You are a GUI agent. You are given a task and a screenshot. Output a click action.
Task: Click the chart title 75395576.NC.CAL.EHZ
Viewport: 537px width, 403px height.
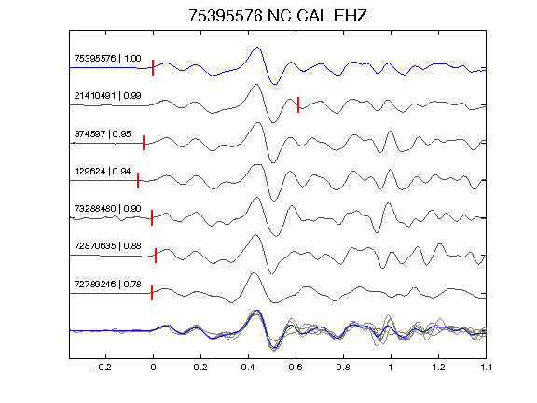(278, 16)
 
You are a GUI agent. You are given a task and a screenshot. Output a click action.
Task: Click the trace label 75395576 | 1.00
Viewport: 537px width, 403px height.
(107, 59)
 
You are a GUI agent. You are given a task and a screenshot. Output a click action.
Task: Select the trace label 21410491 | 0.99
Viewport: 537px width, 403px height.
(107, 95)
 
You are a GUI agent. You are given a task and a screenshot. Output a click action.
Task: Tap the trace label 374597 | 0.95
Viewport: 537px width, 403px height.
(103, 134)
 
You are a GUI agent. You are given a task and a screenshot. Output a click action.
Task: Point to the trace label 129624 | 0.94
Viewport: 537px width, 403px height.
(103, 172)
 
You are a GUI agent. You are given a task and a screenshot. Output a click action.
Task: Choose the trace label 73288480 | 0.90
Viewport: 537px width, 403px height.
(107, 209)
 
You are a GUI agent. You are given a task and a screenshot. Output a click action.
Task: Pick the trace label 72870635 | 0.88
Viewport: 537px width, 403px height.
(107, 246)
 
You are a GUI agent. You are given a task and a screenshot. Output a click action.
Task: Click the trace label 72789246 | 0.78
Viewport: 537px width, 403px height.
(107, 285)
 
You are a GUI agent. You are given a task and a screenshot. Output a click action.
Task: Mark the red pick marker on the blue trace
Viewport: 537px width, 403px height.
(153, 67)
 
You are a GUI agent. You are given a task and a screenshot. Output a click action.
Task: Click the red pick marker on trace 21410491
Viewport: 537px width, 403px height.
(298, 104)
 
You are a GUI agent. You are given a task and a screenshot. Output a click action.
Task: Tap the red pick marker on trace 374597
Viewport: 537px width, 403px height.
(144, 143)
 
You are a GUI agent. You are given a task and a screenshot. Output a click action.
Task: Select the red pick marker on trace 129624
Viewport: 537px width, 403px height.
(138, 180)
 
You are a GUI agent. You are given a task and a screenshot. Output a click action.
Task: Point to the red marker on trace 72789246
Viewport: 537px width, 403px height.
(152, 293)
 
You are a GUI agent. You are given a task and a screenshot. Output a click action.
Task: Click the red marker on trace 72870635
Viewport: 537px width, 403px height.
(156, 256)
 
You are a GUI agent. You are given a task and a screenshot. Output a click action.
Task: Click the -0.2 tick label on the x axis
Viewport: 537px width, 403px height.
(103, 368)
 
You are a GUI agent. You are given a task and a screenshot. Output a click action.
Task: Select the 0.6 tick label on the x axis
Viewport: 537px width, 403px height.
(296, 368)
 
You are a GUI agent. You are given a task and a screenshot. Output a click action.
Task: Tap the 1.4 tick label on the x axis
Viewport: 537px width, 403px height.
(486, 368)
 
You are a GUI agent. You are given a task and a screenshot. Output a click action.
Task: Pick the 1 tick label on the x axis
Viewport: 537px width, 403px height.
(391, 368)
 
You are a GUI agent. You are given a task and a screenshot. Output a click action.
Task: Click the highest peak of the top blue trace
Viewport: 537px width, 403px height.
(257, 48)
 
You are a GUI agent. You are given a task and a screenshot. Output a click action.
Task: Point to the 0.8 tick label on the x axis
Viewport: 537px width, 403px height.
(343, 368)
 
